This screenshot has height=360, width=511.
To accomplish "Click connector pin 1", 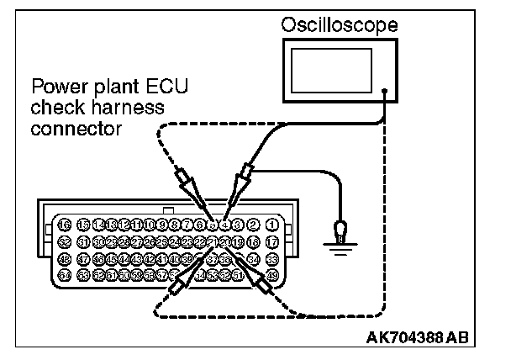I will click(271, 225).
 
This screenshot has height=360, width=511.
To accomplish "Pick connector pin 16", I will click(65, 225).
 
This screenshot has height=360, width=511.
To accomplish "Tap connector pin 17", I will click(271, 241).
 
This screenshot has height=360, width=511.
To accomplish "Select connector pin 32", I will click(65, 241).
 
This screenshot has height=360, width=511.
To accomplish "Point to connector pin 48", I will click(65, 258).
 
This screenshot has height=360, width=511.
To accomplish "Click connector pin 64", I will click(65, 274).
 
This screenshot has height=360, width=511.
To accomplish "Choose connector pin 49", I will click(271, 274).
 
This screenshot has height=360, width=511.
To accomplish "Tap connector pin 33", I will click(271, 258).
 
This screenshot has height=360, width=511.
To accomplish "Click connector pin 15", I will click(80, 225).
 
